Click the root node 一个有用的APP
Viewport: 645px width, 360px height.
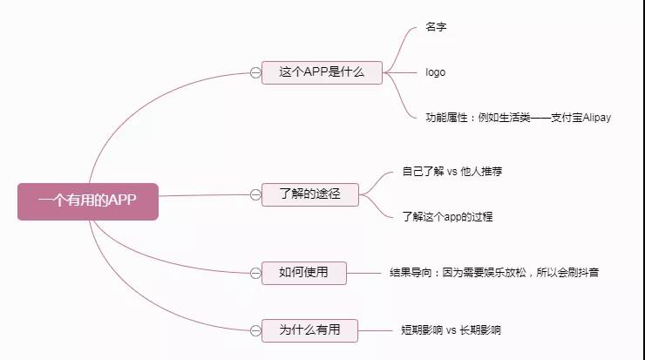88,201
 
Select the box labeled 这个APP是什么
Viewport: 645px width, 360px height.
322,72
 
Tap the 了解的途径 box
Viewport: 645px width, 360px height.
310,194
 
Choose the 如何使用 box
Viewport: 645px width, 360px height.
304,273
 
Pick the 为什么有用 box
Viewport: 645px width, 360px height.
309,330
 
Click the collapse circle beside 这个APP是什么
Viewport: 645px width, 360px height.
255,73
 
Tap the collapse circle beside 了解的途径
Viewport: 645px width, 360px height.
255,194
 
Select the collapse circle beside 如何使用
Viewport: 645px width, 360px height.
255,273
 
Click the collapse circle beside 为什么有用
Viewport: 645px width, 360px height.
255,330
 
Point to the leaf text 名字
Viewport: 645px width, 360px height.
436,27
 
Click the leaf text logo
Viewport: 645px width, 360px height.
435,72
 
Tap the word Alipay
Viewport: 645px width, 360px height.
597,118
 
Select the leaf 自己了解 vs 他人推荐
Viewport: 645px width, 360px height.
452,171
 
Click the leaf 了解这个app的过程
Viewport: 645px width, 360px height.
447,216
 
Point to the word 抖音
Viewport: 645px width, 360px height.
588,272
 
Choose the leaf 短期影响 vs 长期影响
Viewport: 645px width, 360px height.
451,330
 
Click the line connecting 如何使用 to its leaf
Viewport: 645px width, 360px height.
363,273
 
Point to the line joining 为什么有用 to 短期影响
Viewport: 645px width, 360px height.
375,330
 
